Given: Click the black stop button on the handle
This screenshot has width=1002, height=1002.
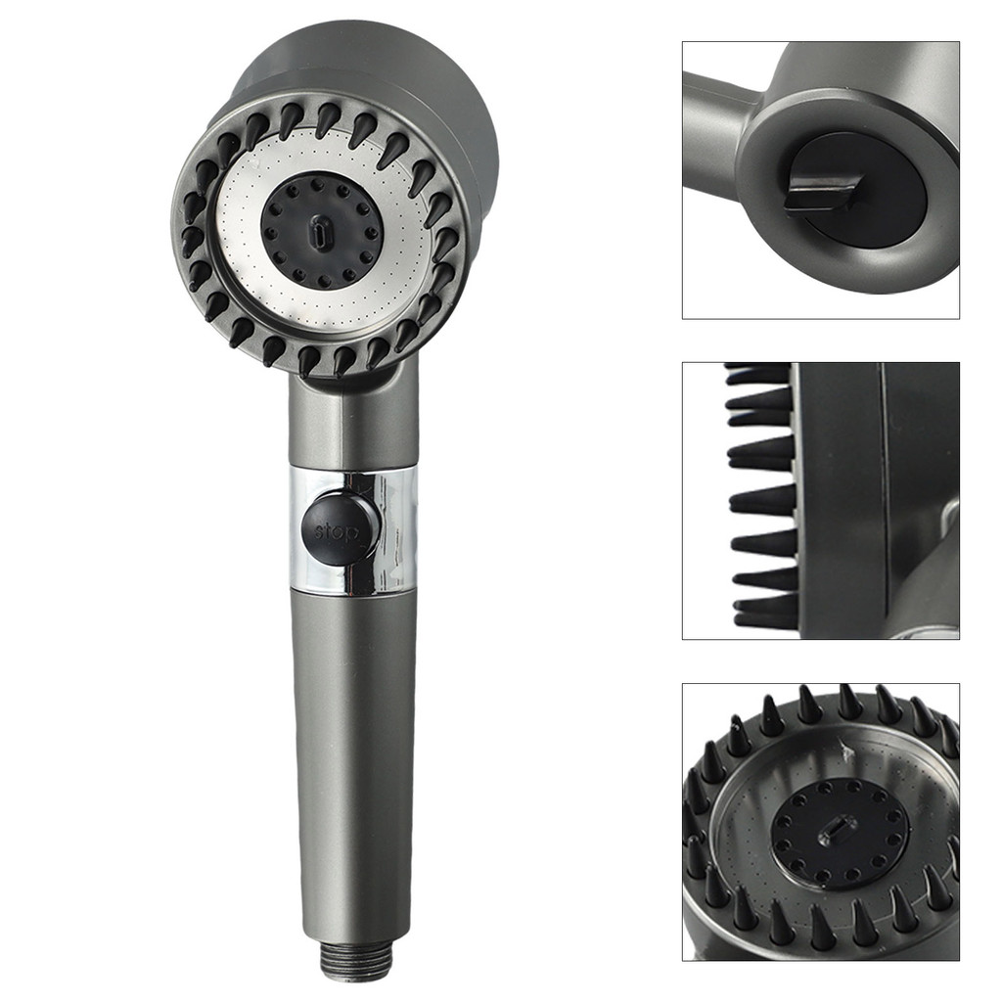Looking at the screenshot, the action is coord(340,525).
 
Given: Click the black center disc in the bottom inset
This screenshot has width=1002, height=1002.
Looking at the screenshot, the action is coord(840,838).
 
